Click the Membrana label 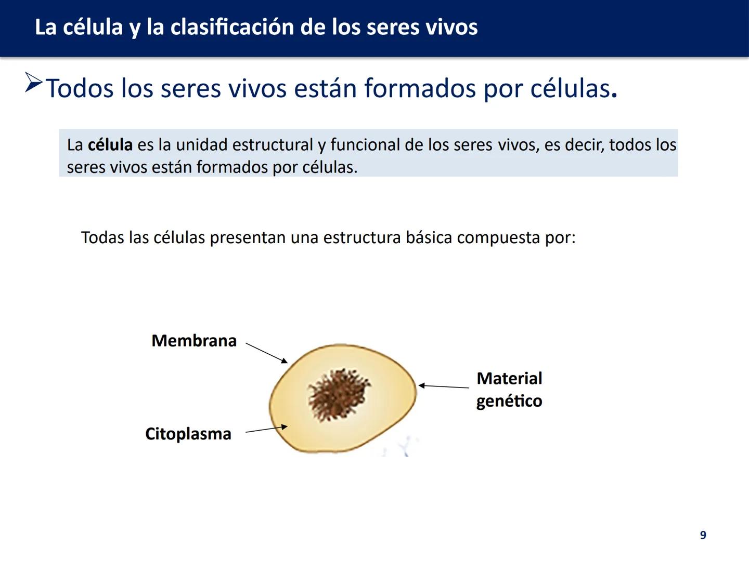tap(194, 341)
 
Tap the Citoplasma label tap(188, 434)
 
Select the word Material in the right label tap(509, 378)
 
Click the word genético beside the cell tap(509, 401)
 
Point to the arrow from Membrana tap(266, 353)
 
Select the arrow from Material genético tap(444, 386)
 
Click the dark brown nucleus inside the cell tap(339, 394)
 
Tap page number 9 tap(703, 535)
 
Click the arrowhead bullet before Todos tap(33, 83)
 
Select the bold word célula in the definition tap(110, 145)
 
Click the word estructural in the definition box tap(273, 145)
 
